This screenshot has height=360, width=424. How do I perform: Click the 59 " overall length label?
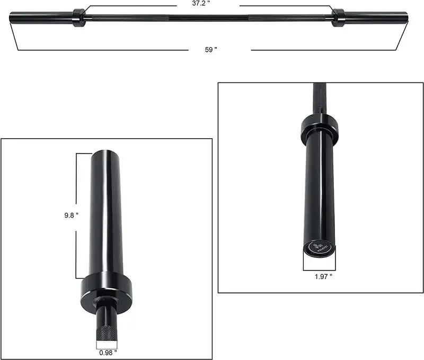(x=211, y=49)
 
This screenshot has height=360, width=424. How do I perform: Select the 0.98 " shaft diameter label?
(x=107, y=353)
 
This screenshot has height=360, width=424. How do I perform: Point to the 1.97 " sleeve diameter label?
(x=323, y=276)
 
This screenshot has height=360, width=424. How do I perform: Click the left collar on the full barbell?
(x=78, y=17)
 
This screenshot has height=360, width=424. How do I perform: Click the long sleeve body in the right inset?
(x=320, y=191)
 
